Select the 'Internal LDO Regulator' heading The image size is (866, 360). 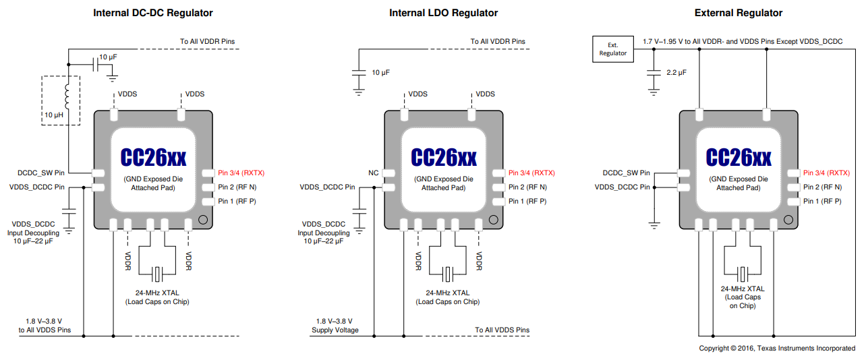(x=443, y=13)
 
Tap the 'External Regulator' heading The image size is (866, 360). (x=739, y=13)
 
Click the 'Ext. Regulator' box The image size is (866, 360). (x=612, y=49)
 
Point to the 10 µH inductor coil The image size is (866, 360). (x=67, y=98)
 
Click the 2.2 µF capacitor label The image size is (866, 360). (x=676, y=72)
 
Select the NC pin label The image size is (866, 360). (x=373, y=173)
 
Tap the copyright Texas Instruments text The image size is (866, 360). (x=777, y=348)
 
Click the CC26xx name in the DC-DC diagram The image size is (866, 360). (x=153, y=157)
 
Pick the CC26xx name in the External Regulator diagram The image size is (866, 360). (x=739, y=157)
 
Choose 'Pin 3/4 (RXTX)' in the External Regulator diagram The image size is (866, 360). (x=826, y=173)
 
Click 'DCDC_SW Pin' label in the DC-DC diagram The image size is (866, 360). (x=42, y=173)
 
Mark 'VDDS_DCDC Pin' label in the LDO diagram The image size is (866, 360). (x=327, y=187)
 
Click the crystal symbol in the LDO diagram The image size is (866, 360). (x=448, y=274)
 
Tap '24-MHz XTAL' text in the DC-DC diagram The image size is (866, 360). (x=157, y=293)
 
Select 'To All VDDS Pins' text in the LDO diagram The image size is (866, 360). (x=502, y=330)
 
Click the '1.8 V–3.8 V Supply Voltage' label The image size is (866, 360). (x=335, y=326)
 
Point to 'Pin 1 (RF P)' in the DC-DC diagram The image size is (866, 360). (x=236, y=202)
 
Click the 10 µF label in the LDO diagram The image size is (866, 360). (x=380, y=72)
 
